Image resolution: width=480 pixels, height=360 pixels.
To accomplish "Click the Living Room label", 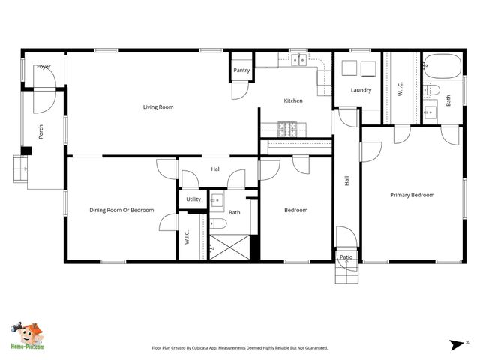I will point(158,107).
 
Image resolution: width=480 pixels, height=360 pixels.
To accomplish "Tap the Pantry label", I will point(241,70).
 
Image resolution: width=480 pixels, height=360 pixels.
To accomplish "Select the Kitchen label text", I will point(293,100).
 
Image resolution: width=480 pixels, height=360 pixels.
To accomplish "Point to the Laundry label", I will point(361,91).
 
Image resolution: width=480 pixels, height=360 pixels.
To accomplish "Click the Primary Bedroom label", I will point(412,195).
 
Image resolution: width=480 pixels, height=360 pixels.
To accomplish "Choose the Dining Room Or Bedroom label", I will point(121,210).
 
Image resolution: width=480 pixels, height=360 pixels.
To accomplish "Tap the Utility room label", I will point(193,199).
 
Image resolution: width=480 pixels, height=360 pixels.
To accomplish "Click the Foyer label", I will point(44,67).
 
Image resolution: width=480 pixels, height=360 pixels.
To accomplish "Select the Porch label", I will point(40,133).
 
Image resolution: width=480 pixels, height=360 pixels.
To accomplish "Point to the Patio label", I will point(346,257).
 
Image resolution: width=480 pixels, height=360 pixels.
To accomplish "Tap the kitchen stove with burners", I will point(288,127).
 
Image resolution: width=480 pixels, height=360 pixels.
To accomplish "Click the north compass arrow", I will point(458,344).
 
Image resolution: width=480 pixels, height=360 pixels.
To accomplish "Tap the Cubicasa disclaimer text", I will point(240,348).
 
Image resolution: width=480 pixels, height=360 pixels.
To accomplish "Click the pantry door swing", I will point(239,89).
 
